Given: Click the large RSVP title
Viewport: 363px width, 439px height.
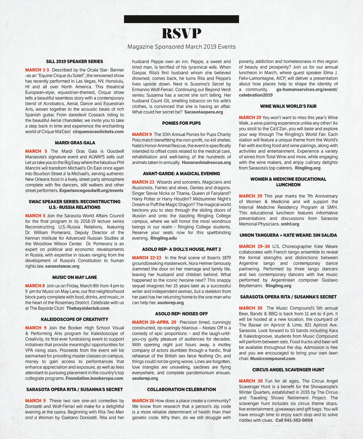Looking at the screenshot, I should tap(181, 33).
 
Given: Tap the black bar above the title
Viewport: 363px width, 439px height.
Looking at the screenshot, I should tap(181, 19).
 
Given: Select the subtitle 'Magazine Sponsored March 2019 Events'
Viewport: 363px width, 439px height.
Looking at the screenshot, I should tap(181, 47).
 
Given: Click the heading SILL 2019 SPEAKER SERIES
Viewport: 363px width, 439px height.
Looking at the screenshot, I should tap(74, 62).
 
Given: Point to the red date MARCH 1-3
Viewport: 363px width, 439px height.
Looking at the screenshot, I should tap(37, 70).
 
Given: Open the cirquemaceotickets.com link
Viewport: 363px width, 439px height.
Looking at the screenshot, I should tap(98, 132).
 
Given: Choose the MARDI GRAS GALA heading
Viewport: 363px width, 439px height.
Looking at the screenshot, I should tap(75, 143).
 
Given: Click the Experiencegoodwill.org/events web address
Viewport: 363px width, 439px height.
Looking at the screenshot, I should tap(91, 190).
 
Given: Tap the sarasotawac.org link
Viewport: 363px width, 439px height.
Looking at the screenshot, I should tap(62, 266).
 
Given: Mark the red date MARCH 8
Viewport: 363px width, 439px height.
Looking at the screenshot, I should tap(35, 286).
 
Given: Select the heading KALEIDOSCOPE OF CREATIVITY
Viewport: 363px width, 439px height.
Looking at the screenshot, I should tap(74, 320).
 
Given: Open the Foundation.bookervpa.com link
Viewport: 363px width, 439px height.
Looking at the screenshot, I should tap(94, 378).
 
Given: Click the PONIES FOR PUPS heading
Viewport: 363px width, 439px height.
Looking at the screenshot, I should tap(181, 123).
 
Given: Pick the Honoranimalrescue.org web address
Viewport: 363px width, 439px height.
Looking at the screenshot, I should tap(206, 163).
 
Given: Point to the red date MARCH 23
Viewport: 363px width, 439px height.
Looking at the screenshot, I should tap(143, 182).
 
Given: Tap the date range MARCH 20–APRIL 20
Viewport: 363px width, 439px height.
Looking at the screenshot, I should tap(154, 322).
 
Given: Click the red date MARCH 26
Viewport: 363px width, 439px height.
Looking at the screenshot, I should tap(143, 401).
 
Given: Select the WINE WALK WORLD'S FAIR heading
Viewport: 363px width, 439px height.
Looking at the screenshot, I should tap(288, 106).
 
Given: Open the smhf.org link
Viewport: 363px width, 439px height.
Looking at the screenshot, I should tap(290, 224).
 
